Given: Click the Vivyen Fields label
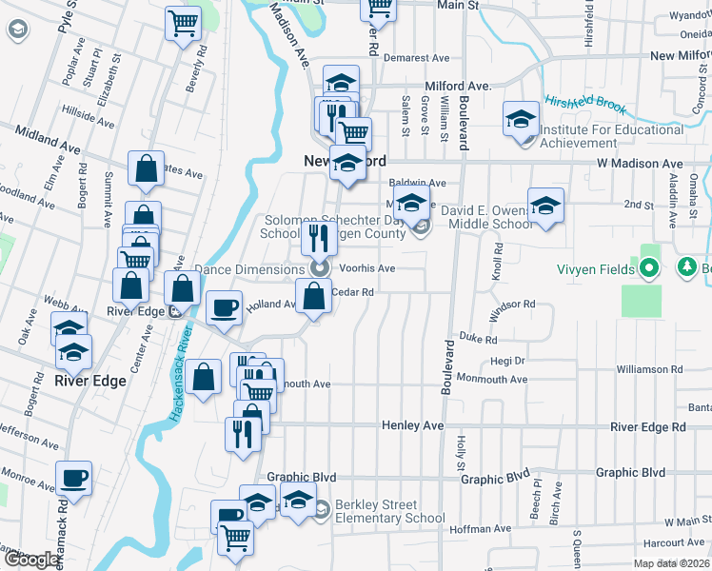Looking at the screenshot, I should click(x=597, y=269).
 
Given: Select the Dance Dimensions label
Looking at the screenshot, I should click(x=248, y=269).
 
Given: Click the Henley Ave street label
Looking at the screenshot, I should click(x=413, y=425).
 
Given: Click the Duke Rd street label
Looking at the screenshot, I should click(x=478, y=339).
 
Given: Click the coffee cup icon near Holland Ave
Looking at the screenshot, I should click(x=225, y=308).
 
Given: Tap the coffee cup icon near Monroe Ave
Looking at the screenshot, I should click(x=73, y=478).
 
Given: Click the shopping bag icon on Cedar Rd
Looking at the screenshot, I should click(x=314, y=297).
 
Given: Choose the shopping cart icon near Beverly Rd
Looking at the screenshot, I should click(x=183, y=23).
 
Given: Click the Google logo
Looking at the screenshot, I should click(x=31, y=560).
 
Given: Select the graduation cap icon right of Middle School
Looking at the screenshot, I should click(x=546, y=206).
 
